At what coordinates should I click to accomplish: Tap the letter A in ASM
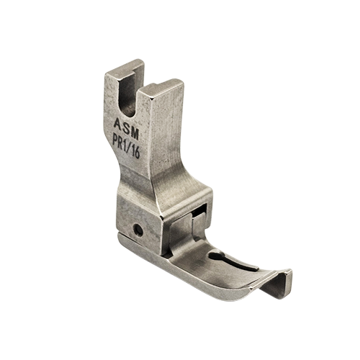coord(118,124)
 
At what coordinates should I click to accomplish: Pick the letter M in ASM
coord(135,133)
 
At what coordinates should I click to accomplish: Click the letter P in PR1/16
coord(115,140)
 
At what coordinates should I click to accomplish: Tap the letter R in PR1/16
coord(122,143)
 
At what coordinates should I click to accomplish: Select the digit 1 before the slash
coord(127,145)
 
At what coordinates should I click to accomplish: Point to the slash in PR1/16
coord(130,148)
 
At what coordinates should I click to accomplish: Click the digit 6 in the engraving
coord(138,152)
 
